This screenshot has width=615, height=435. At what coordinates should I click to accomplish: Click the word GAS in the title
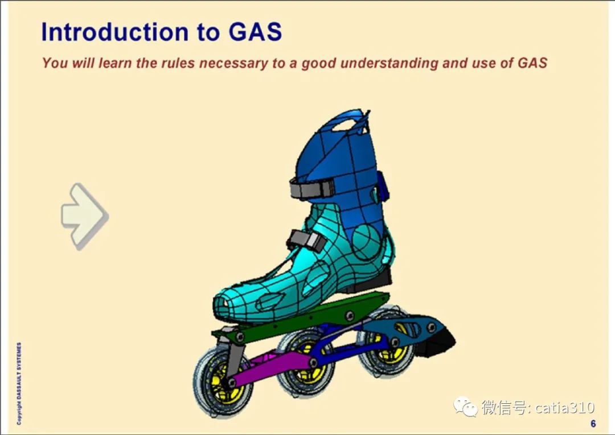point(256,32)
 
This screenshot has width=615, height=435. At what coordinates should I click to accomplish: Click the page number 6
point(593,424)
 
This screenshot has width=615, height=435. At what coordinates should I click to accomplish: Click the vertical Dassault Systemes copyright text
point(19,383)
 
